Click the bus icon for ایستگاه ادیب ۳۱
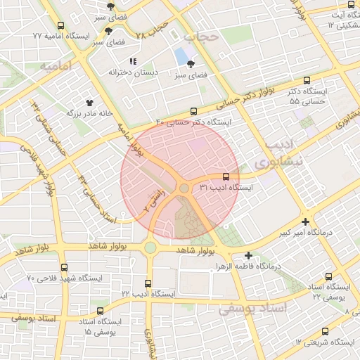pos(226,177)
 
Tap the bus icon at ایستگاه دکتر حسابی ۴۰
pos(194,110)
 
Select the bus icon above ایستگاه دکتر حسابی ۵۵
pos(306,81)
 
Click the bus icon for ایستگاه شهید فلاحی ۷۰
pos(64,267)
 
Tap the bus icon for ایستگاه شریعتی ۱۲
pos(325,331)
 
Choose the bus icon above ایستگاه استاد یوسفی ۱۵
pos(98,310)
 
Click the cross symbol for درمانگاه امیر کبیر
pos(305,221)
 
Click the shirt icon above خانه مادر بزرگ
pos(89,102)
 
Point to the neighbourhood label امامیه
pos(56,67)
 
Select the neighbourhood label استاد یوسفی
pos(254,309)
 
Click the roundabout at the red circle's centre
pos(184,188)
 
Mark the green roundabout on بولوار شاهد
pos(150,247)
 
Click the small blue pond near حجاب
pos(182,54)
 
